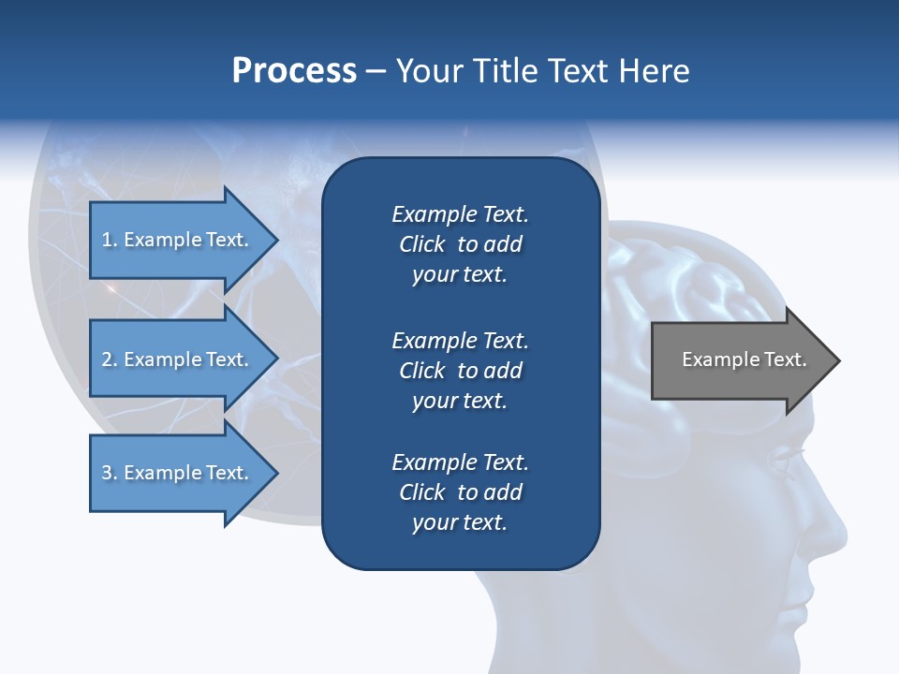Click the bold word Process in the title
294,71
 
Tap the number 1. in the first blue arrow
110,240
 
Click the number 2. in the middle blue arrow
110,359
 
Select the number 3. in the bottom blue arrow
110,473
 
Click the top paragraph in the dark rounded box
460,244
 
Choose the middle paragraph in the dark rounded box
460,370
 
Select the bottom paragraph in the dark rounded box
460,492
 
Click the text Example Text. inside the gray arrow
744,359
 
